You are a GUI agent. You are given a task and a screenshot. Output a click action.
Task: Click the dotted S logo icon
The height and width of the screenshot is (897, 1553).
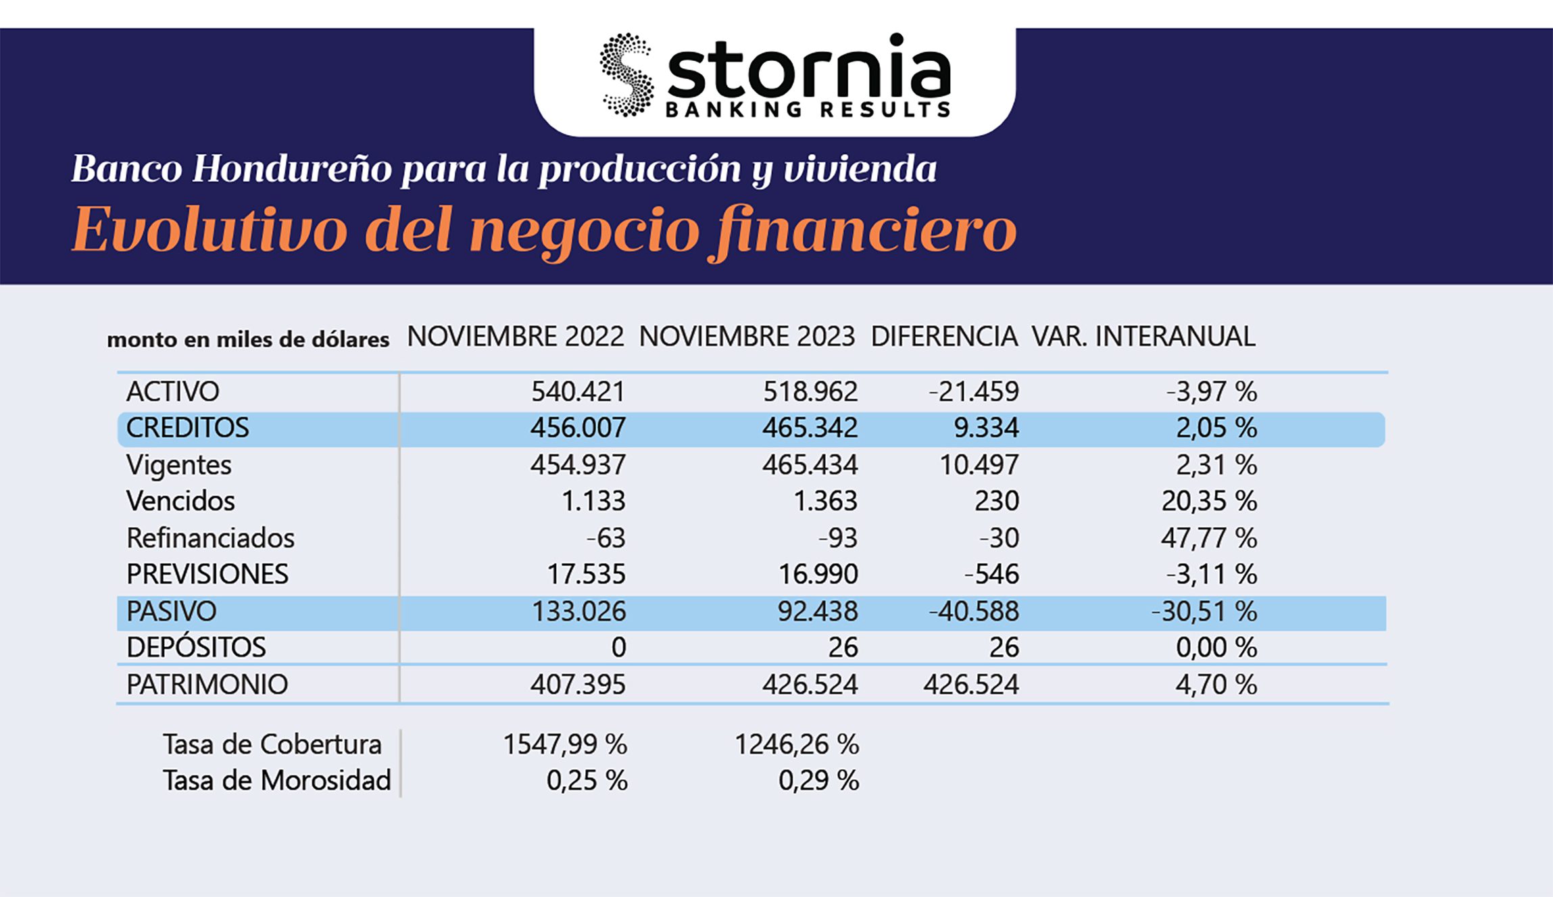click(x=626, y=75)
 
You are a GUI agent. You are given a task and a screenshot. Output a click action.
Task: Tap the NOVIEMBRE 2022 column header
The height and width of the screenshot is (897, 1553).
click(x=515, y=337)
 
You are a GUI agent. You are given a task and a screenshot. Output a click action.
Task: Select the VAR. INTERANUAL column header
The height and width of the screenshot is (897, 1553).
click(x=1143, y=337)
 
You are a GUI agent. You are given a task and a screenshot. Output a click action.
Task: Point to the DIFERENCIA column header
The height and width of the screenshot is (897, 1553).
click(x=943, y=337)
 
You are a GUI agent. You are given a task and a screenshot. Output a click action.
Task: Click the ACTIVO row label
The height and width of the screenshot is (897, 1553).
click(x=172, y=391)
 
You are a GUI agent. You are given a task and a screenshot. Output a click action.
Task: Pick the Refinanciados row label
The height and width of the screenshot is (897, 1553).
click(x=210, y=538)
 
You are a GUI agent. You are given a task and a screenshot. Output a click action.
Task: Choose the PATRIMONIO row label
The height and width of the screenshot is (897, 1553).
click(x=207, y=685)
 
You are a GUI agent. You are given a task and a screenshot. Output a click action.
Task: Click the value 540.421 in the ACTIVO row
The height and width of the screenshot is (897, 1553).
click(x=578, y=391)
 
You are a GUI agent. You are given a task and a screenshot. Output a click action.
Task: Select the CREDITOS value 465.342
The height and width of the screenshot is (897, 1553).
click(x=810, y=428)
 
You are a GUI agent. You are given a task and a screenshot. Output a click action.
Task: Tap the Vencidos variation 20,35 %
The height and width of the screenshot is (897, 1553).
click(x=1209, y=501)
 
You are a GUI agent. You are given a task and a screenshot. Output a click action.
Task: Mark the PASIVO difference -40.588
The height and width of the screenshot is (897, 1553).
click(x=973, y=612)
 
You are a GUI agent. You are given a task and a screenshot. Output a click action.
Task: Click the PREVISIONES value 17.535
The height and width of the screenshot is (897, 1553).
click(x=586, y=575)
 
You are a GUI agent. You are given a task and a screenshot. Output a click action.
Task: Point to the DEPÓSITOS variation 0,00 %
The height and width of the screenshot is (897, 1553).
click(x=1216, y=648)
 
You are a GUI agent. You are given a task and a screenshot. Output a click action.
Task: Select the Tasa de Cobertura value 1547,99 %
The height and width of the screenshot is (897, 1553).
click(x=565, y=745)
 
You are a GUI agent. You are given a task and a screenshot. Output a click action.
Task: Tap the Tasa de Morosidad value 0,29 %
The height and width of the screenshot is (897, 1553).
click(x=818, y=781)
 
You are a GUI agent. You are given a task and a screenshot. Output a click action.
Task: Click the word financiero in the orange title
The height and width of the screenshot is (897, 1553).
click(x=866, y=230)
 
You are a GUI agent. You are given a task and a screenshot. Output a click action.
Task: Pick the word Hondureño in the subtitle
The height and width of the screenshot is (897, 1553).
click(x=292, y=169)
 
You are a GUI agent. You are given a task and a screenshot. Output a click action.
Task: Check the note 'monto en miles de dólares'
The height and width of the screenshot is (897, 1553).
click(x=248, y=339)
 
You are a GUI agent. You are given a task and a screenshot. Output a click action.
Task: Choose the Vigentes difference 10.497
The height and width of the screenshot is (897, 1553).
click(x=979, y=465)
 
